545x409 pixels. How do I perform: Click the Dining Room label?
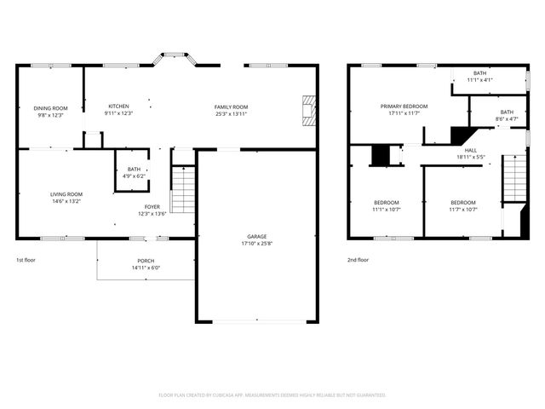[50, 108]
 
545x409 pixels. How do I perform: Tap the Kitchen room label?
[118, 106]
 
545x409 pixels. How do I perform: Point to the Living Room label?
[66, 194]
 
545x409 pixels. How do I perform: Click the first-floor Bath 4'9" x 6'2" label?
[134, 170]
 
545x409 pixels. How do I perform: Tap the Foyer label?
[152, 206]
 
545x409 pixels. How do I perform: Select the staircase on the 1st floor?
[183, 190]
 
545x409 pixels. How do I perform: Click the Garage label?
[257, 236]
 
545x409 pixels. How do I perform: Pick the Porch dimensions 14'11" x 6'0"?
[146, 268]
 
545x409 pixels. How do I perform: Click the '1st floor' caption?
[26, 260]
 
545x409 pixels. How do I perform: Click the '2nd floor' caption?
[358, 260]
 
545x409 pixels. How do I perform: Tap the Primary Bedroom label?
[404, 106]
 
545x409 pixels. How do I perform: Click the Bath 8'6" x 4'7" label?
[506, 112]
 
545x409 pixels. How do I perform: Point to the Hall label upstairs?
[470, 150]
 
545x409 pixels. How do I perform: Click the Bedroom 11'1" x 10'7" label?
[386, 202]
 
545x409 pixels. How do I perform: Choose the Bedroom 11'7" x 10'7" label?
[463, 202]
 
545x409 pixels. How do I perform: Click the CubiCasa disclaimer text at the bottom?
[272, 395]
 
